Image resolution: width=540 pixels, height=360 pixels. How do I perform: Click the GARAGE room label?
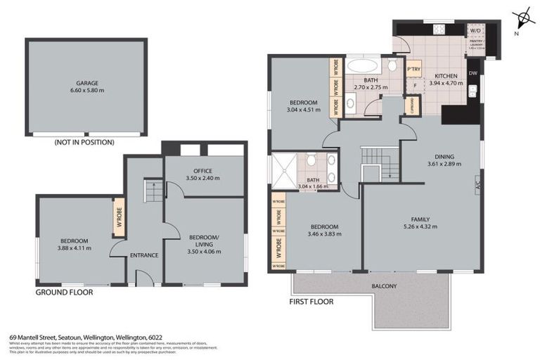(x=86, y=83)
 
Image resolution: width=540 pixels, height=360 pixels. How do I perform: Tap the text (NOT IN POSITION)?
(x=84, y=142)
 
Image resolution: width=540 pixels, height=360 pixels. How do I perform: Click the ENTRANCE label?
(x=144, y=255)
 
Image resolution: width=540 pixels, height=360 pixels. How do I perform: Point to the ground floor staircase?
(x=153, y=190)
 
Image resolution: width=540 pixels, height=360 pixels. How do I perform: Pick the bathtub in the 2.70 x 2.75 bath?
(x=363, y=68)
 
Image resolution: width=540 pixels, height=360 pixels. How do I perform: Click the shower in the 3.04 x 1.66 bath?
(x=284, y=171)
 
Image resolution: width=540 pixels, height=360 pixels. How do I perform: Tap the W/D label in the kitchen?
(x=476, y=30)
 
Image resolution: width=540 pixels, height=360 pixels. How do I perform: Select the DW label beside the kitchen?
(x=473, y=73)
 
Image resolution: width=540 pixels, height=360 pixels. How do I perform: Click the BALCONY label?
(x=385, y=286)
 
